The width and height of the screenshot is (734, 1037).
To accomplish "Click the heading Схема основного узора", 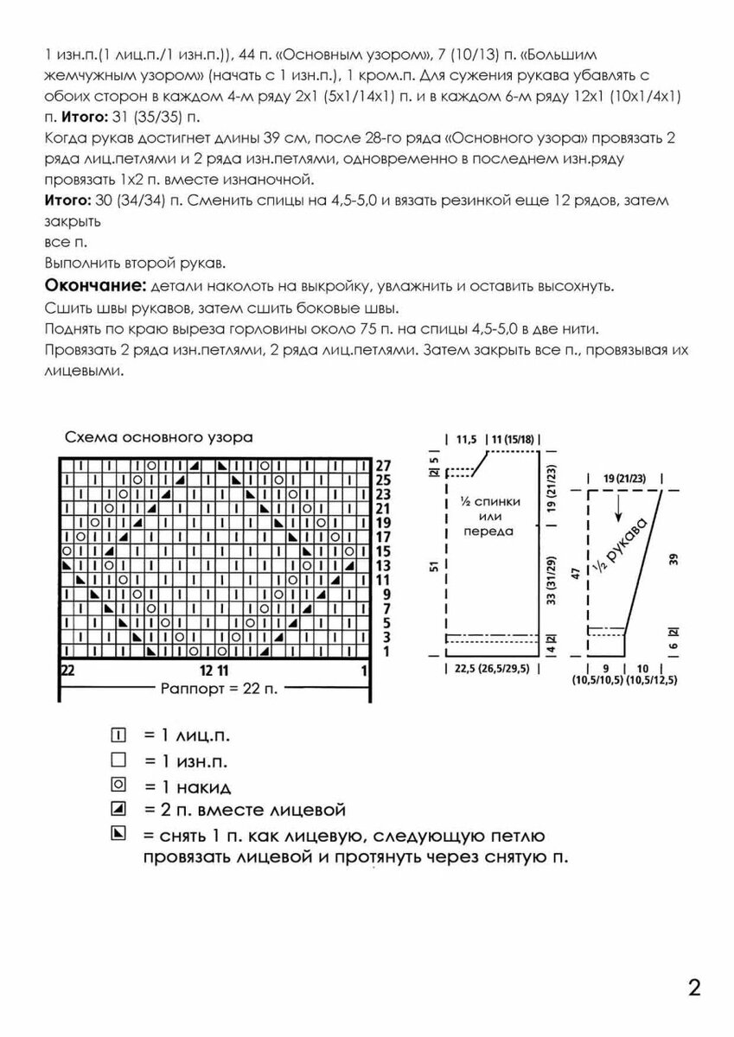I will tap(158, 437).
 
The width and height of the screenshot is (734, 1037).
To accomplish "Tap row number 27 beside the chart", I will tap(384, 466).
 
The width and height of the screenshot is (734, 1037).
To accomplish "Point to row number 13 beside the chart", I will tap(384, 564).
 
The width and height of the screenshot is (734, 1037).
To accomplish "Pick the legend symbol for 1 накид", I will tap(119, 786).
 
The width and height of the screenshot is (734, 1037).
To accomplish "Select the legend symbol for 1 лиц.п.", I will tap(119, 735).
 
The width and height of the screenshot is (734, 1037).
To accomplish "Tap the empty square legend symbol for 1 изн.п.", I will tap(119, 760).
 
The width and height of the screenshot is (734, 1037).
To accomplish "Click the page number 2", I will tap(694, 989).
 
